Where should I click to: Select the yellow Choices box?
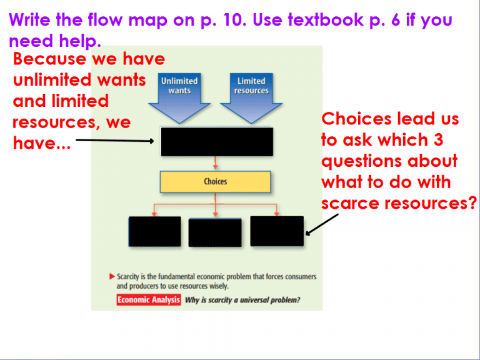215,182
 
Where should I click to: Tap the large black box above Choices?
216,141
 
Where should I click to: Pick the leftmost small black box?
154,232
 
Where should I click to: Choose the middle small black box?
215,232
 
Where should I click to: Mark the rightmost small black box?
277,231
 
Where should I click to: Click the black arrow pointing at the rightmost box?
322,226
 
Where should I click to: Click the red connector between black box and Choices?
215,162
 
